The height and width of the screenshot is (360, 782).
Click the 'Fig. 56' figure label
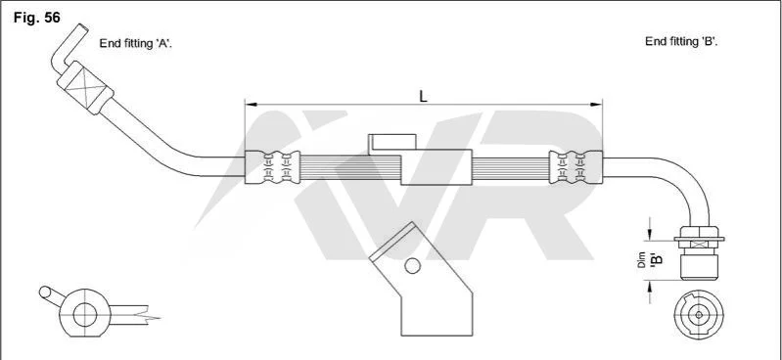[x=36, y=18]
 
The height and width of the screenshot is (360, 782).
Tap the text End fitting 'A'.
[x=136, y=43]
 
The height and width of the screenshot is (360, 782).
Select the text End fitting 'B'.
[x=681, y=41]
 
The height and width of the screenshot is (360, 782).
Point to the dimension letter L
[x=424, y=96]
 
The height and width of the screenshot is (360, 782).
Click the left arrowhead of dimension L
[x=251, y=105]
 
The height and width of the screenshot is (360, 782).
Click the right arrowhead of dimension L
[x=596, y=105]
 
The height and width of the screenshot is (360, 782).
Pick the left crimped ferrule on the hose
[x=272, y=167]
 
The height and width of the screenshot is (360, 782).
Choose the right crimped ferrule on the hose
[x=575, y=167]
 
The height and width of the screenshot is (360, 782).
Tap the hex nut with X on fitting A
[x=85, y=88]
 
